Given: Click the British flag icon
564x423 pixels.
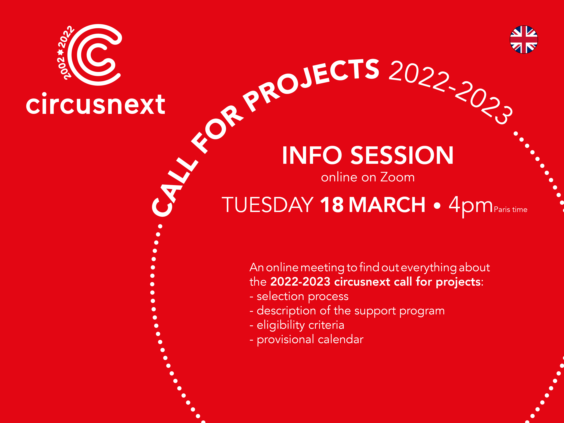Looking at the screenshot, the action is pyautogui.click(x=524, y=40).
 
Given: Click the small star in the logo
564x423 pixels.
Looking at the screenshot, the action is pyautogui.click(x=60, y=52).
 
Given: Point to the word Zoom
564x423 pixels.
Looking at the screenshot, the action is pyautogui.click(x=397, y=177).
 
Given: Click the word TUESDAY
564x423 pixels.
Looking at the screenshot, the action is pyautogui.click(x=268, y=205).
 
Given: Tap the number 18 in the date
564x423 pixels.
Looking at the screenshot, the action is pyautogui.click(x=332, y=205).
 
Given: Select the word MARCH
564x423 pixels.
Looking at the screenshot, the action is pyautogui.click(x=387, y=205).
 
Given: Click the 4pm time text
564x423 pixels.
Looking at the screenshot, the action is pyautogui.click(x=471, y=206).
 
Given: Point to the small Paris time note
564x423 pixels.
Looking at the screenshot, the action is pyautogui.click(x=511, y=210).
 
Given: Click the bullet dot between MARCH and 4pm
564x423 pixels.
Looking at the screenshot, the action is pyautogui.click(x=437, y=205).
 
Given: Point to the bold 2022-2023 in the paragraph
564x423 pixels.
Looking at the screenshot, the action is pyautogui.click(x=300, y=282).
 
